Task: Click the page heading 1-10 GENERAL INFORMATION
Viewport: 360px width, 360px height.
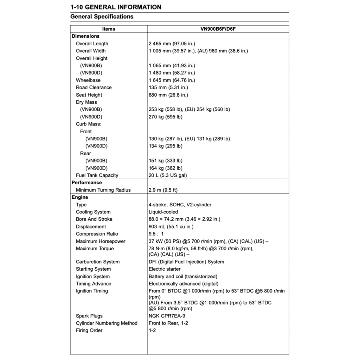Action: click(x=116, y=7)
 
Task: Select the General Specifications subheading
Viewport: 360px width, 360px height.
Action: click(x=102, y=17)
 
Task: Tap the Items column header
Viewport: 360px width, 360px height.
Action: click(x=109, y=29)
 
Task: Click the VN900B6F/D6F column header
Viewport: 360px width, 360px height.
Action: click(x=218, y=29)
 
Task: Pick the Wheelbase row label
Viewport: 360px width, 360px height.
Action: click(x=88, y=80)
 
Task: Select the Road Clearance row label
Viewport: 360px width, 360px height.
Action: click(x=94, y=88)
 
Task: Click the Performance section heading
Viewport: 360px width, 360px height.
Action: click(x=86, y=182)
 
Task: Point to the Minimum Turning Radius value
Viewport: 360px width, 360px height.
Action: click(x=163, y=190)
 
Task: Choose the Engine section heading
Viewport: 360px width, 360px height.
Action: click(x=80, y=197)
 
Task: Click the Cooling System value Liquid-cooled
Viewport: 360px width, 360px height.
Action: click(x=163, y=212)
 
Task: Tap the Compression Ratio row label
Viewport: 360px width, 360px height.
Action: click(x=97, y=234)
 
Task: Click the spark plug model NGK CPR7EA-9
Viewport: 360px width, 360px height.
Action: click(x=167, y=316)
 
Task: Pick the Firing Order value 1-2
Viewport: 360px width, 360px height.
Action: click(x=152, y=330)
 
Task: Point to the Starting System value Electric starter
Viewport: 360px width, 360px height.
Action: click(x=165, y=269)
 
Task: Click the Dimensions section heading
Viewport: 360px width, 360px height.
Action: click(x=85, y=36)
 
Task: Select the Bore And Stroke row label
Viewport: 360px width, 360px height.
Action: click(x=94, y=219)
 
